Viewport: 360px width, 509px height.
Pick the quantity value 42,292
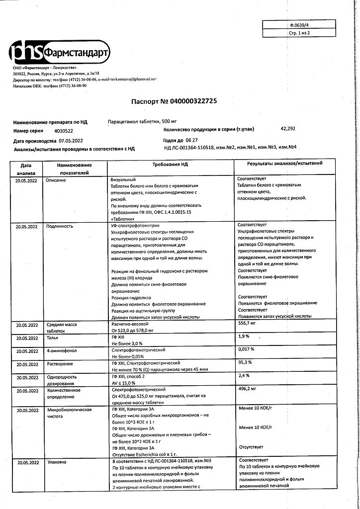pyautogui.click(x=288, y=129)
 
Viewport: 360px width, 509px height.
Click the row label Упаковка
pyautogui.click(x=56, y=462)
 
